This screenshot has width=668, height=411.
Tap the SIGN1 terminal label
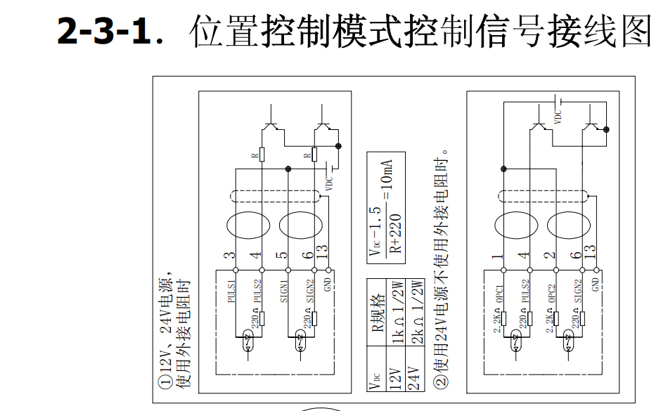click(285, 291)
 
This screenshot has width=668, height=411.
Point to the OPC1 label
click(499, 291)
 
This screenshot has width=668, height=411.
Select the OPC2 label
click(552, 291)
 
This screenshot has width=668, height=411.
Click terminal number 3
click(229, 256)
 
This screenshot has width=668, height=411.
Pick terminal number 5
click(282, 256)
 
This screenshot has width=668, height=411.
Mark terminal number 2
click(551, 258)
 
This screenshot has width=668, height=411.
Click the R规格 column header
click(376, 313)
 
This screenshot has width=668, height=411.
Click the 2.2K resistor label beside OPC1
click(497, 322)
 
